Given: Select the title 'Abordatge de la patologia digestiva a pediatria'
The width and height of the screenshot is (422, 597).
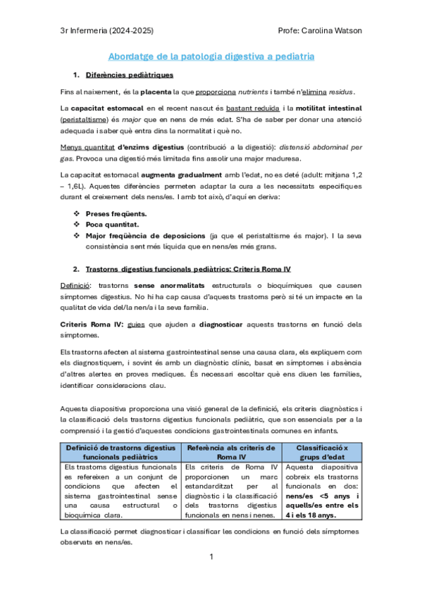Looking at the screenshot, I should click(x=211, y=56).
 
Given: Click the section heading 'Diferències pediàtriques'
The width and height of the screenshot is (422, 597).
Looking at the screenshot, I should click(x=130, y=75).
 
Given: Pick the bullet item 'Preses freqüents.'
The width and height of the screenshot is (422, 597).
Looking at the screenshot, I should click(x=116, y=213).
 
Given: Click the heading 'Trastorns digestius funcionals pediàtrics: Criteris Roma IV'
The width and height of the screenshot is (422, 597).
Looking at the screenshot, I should click(x=190, y=269).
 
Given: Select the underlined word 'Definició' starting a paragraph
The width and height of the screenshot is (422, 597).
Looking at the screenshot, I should click(x=75, y=287).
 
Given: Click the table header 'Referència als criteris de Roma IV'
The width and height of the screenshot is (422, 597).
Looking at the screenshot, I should click(x=231, y=452).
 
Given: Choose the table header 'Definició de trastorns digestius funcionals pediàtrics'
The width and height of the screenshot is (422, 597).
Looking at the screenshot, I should click(x=120, y=452).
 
